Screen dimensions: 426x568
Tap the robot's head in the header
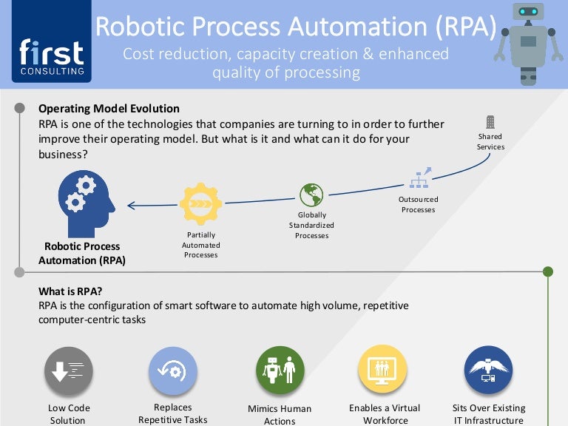click(x=527, y=13)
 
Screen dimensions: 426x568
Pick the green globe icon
click(x=311, y=195)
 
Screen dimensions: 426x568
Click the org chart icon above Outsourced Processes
click(x=419, y=179)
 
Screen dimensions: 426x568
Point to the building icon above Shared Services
click(x=490, y=123)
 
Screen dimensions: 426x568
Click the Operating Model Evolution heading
click(x=108, y=109)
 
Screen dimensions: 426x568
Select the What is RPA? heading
click(x=70, y=291)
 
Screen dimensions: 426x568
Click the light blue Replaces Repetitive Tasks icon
click(x=173, y=371)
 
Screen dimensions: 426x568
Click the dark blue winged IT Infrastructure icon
click(x=488, y=371)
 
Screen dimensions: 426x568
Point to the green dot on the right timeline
click(x=548, y=271)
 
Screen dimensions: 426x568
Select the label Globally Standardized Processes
click(x=311, y=226)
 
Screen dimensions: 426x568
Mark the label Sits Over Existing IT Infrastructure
click(x=488, y=414)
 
